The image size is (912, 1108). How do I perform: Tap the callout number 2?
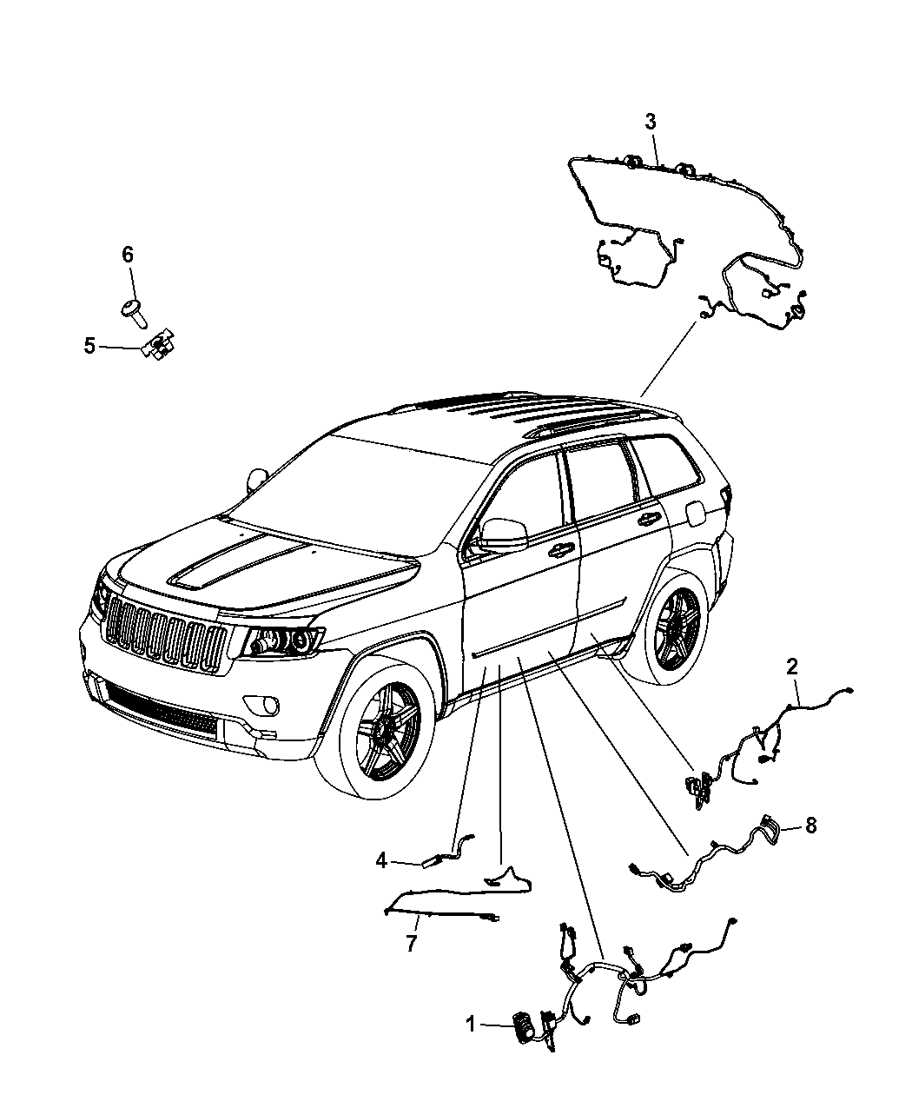[x=791, y=667]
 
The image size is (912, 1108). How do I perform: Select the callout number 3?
[x=651, y=122]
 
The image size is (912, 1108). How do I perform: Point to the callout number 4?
[x=381, y=860]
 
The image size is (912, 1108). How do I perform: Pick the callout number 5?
[x=89, y=346]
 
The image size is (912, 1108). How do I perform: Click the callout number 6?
[x=128, y=255]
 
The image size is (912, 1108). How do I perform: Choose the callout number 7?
[x=411, y=944]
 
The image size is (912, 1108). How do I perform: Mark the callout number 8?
[x=811, y=826]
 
